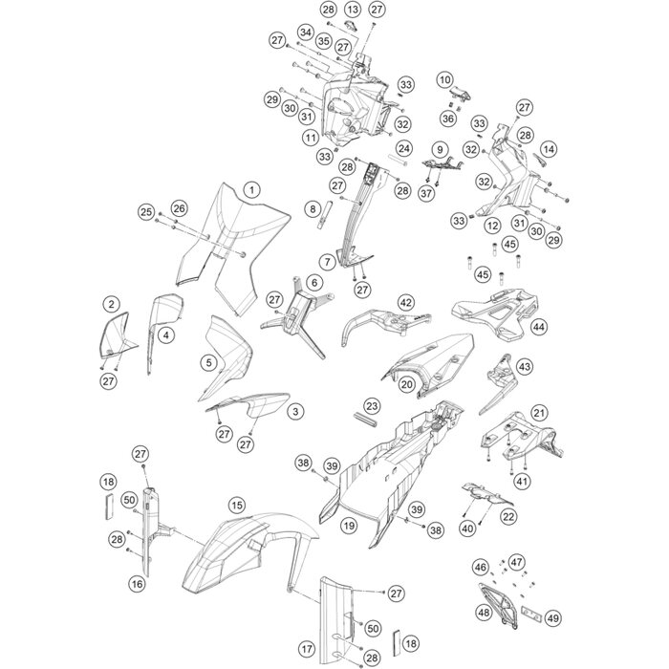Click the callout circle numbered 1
click(x=250, y=189)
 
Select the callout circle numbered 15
click(x=236, y=506)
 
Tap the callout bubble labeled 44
click(x=541, y=327)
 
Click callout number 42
click(x=406, y=303)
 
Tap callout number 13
click(x=352, y=10)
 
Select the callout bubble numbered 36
click(x=447, y=119)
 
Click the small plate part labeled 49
click(x=529, y=610)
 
